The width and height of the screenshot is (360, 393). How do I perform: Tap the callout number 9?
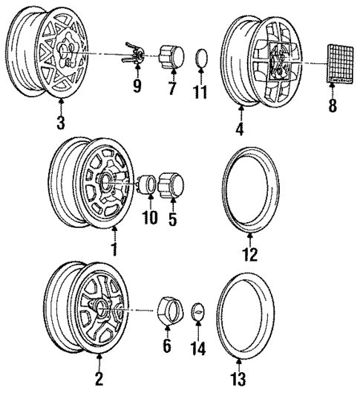coord(136,87)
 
